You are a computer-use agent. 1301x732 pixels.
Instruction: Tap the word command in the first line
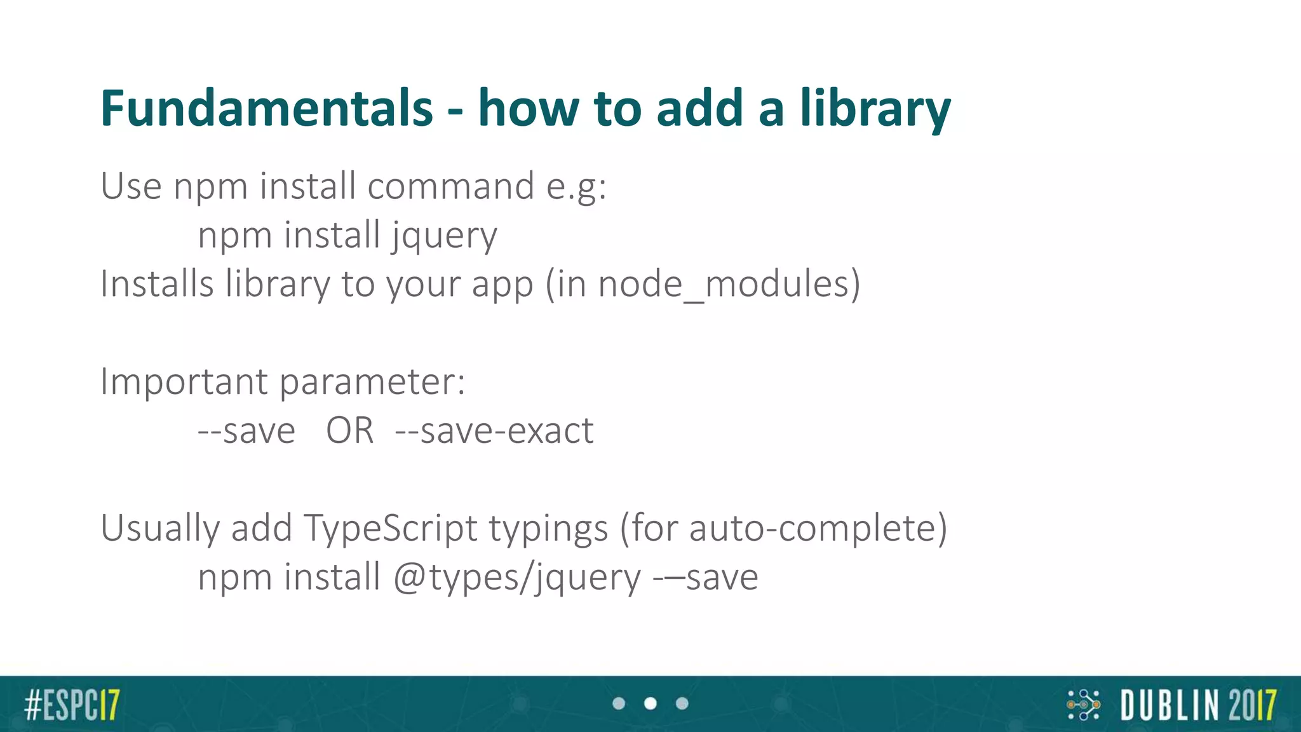(450, 187)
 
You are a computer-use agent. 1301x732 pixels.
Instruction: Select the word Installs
(157, 283)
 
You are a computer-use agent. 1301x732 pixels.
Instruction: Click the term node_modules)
(729, 285)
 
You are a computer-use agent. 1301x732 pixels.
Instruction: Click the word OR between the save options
(349, 431)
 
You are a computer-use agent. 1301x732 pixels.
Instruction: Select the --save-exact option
(494, 431)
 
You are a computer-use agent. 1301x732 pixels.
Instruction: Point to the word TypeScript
(390, 529)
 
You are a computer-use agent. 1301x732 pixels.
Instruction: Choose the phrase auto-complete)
(818, 529)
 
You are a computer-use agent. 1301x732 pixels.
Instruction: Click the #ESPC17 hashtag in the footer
(72, 705)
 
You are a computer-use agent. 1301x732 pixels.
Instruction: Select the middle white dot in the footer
(650, 703)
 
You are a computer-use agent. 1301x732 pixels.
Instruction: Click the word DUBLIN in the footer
(1167, 705)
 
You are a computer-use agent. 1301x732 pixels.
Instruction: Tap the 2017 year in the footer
(1252, 705)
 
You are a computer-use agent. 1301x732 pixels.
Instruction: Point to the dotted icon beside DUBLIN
(1083, 705)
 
